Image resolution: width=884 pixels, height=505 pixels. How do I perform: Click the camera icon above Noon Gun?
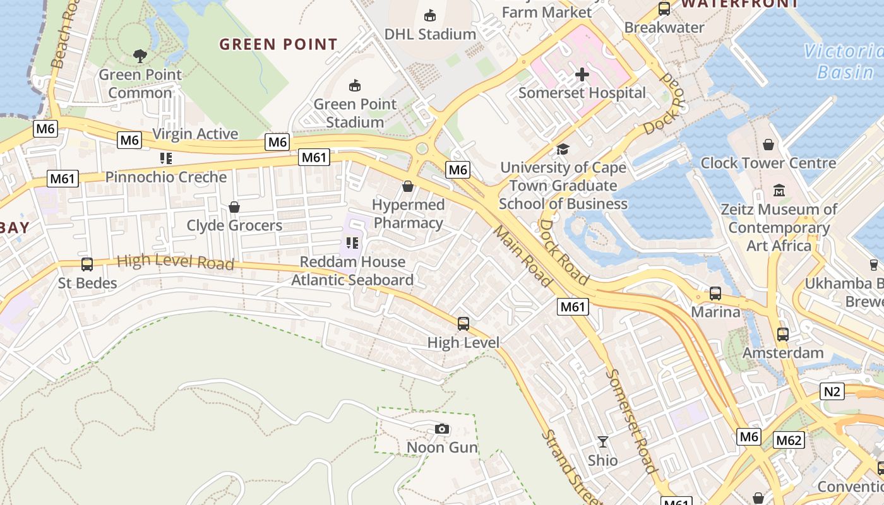click(442, 429)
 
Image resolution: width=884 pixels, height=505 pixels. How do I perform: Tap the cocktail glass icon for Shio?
click(603, 441)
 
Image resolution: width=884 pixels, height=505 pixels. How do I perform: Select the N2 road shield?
click(832, 391)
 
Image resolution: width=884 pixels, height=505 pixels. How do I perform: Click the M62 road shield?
click(789, 440)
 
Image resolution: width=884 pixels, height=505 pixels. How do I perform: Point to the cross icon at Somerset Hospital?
click(582, 74)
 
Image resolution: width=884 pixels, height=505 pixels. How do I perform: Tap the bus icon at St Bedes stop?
click(87, 264)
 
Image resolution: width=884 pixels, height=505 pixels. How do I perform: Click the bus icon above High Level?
click(463, 324)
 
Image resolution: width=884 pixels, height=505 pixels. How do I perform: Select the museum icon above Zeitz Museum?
click(779, 190)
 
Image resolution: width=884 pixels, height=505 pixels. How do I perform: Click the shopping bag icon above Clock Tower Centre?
click(768, 145)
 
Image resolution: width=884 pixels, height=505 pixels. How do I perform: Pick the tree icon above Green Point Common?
click(140, 56)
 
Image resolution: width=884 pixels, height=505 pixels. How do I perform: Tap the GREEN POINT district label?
click(278, 44)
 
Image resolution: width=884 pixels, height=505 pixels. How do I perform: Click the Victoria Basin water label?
click(843, 61)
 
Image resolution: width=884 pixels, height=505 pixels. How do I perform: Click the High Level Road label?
click(176, 261)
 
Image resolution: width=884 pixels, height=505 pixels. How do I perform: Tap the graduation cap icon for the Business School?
click(563, 149)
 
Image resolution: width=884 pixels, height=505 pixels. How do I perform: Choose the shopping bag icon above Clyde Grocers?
click(234, 207)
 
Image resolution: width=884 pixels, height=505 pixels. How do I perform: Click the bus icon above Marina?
click(715, 294)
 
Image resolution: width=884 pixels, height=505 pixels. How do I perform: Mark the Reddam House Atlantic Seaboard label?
click(352, 271)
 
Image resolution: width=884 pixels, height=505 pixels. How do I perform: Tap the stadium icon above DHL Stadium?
click(430, 15)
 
